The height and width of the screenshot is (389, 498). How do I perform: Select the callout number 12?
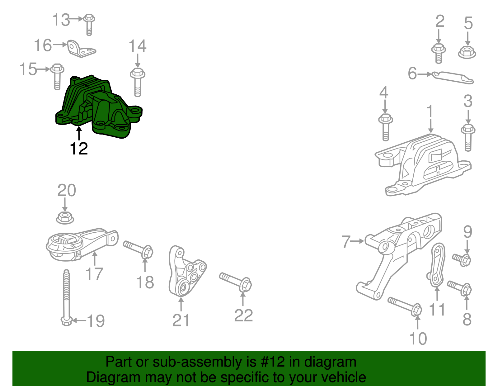(79, 149)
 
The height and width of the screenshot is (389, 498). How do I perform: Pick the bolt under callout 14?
(138, 82)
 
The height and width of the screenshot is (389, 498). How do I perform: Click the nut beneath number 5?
(467, 52)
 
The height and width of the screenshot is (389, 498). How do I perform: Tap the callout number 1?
(430, 111)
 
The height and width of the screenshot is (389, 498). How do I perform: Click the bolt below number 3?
(467, 137)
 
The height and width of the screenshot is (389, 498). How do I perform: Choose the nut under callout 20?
(65, 217)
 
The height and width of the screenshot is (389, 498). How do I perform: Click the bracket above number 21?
(186, 273)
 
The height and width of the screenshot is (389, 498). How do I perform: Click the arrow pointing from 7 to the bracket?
(358, 241)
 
